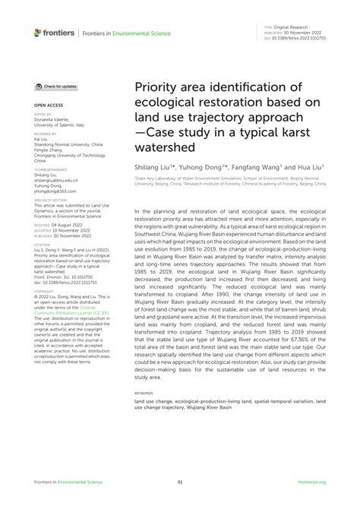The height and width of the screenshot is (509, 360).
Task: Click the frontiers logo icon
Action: pos(37,32)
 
